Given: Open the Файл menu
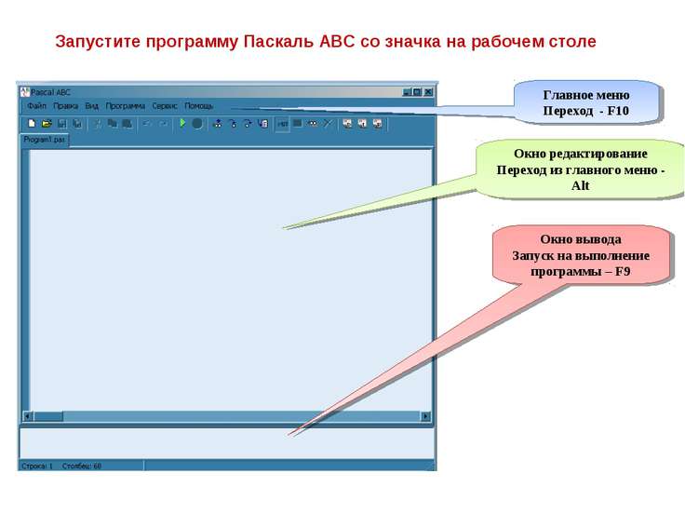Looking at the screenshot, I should (x=36, y=106).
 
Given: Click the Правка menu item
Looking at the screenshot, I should (x=65, y=106).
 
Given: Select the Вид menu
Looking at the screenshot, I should (x=91, y=106).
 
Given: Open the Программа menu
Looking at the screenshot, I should (x=125, y=106).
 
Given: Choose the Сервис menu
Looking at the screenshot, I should (x=165, y=106).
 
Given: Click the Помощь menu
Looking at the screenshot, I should (x=199, y=106).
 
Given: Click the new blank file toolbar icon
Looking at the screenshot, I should (x=32, y=123).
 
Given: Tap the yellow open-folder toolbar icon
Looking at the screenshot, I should (x=47, y=123).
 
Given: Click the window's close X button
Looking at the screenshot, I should (x=429, y=92).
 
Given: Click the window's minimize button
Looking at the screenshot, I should (x=407, y=92).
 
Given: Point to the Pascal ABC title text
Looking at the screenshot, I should (x=51, y=92).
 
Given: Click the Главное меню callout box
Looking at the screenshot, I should (x=586, y=101).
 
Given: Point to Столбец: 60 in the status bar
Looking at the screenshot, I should (x=83, y=466).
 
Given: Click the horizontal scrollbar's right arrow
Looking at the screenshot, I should (x=426, y=416).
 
